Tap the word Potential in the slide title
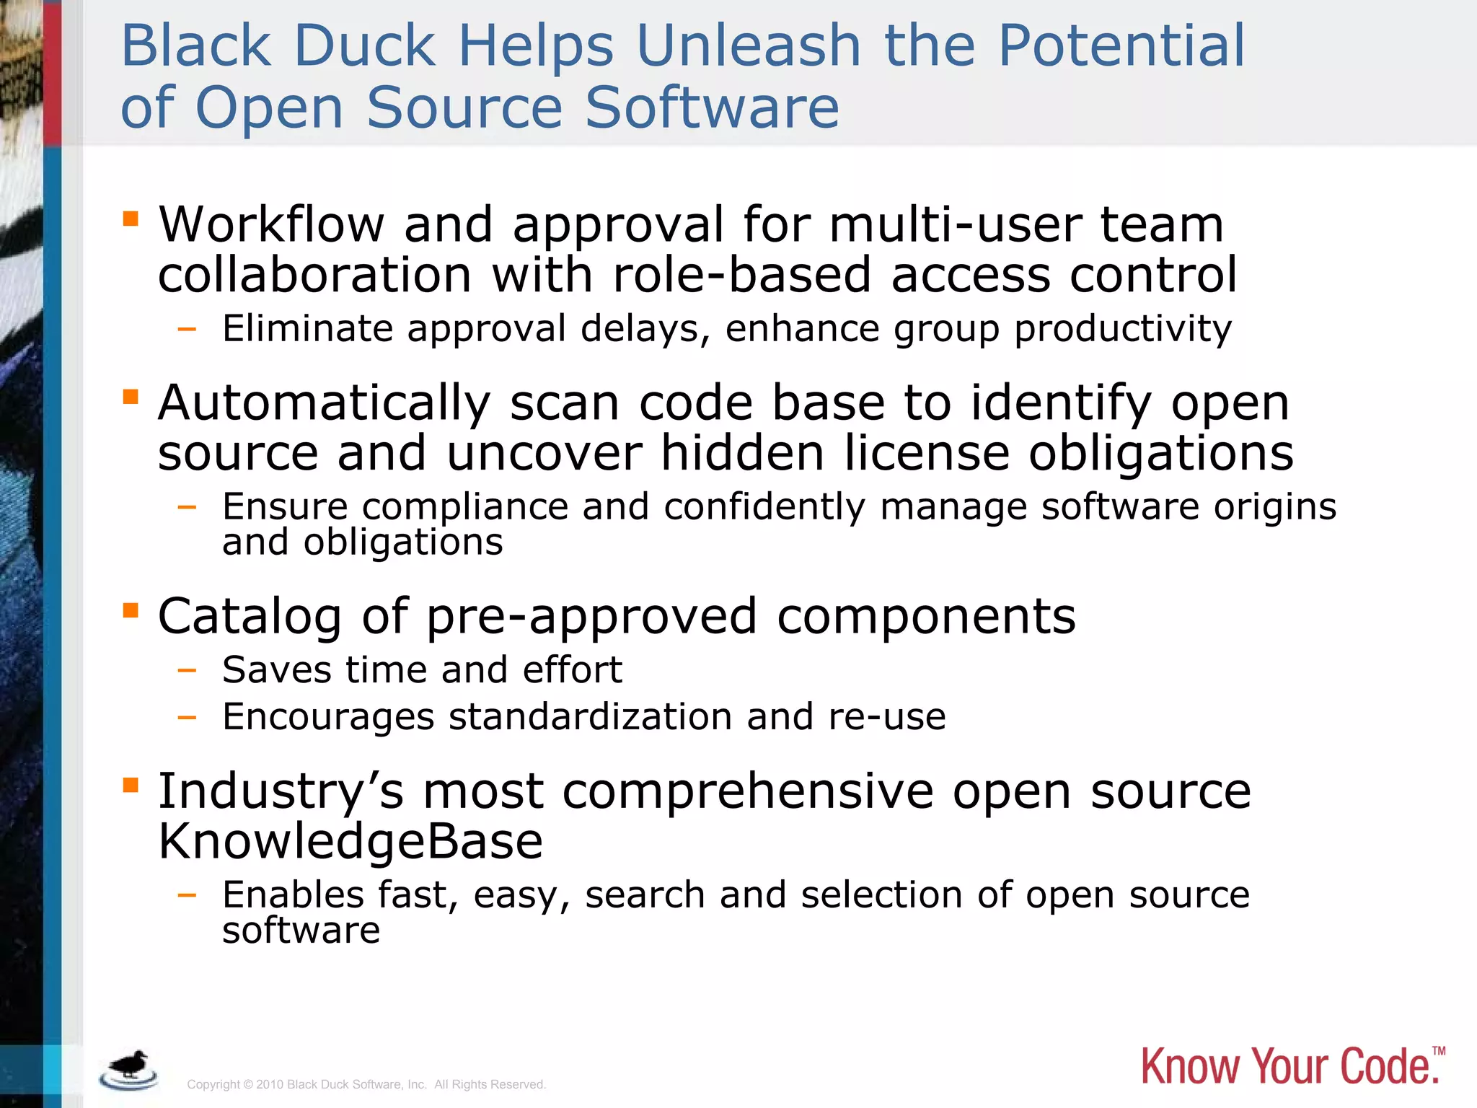click(1121, 45)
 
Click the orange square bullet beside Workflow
click(131, 219)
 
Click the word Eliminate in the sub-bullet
click(307, 328)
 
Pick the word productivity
click(1123, 330)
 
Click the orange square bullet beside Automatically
click(131, 397)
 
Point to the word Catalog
click(250, 617)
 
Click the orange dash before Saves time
click(187, 671)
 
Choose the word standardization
click(591, 717)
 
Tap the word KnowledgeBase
click(350, 841)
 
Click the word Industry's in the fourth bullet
click(281, 791)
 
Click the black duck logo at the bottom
click(129, 1068)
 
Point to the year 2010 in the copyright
click(270, 1084)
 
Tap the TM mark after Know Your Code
click(1438, 1051)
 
